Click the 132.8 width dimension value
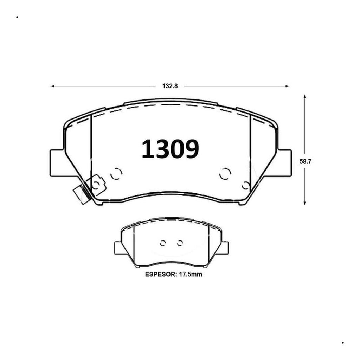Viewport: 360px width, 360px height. (170, 86)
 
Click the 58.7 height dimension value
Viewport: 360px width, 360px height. (305, 162)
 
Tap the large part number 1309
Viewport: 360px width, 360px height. (170, 149)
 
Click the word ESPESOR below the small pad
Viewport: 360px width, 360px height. (160, 274)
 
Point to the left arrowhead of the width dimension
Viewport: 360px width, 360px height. (52, 86)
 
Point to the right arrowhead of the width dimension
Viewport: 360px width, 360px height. (287, 86)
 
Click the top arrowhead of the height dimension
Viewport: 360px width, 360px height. (304, 96)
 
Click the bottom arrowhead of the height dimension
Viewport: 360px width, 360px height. (304, 203)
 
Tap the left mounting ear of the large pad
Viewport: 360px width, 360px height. (57, 163)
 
